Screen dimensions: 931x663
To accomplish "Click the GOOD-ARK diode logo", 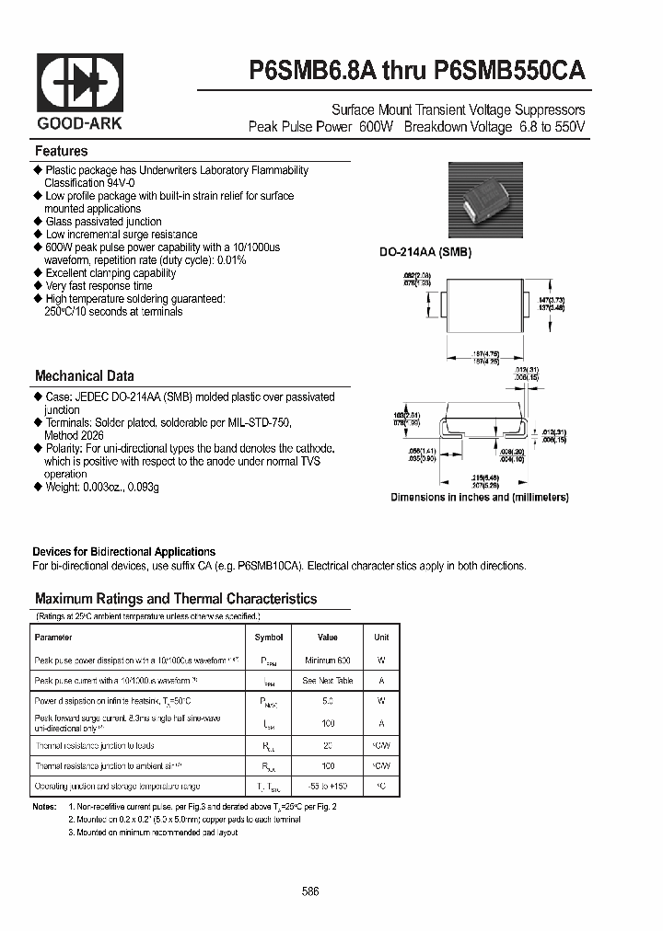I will coord(79,84).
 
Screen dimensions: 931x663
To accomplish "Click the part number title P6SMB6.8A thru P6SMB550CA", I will coord(416,71).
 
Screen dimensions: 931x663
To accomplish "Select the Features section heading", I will coord(61,151).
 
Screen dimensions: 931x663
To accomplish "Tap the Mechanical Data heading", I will coord(84,375).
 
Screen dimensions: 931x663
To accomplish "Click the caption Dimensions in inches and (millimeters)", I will coord(479,497).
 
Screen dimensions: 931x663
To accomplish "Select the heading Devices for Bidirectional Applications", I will coord(123,552).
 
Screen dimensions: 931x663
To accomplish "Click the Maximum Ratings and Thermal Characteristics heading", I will coord(175,598).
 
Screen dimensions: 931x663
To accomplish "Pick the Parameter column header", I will coord(53,637).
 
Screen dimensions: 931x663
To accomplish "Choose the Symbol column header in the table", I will coord(269,637).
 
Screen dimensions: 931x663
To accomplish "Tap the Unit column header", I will coord(381,637).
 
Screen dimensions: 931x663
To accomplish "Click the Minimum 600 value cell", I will coord(327,661).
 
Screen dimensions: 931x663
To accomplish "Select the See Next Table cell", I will coord(327,681).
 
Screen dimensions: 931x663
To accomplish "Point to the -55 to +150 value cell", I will coord(327,787).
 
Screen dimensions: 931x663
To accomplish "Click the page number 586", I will coord(310,892).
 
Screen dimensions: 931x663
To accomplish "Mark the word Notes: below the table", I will coord(44,806).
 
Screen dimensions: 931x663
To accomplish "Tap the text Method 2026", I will coord(74,435).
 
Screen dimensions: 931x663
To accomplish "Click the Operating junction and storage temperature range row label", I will coord(117,787).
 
